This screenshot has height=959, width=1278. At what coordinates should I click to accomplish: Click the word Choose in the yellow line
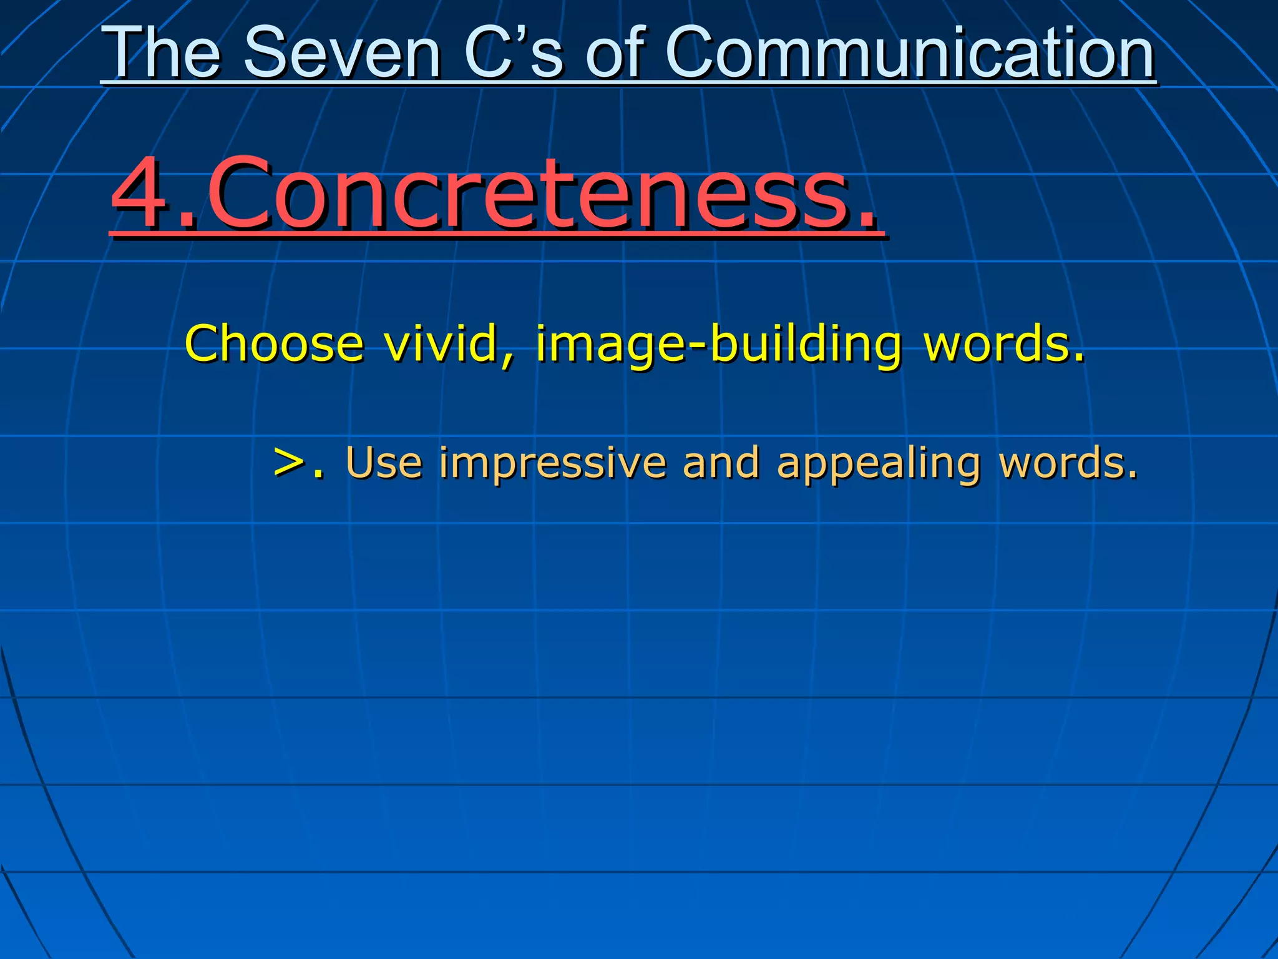274,343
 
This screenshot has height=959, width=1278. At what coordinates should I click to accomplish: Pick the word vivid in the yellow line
444,343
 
